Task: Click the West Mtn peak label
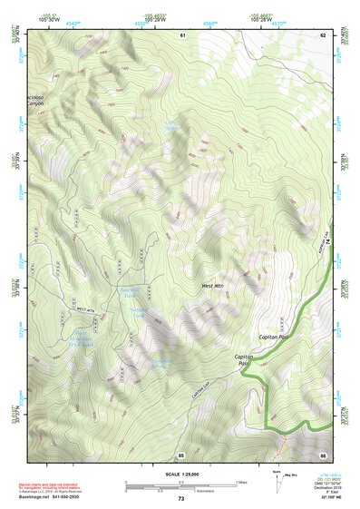(x=211, y=286)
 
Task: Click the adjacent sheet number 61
(x=181, y=34)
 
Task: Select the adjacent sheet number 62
(x=321, y=34)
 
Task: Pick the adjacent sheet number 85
(x=181, y=454)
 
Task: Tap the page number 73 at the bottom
(x=180, y=499)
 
